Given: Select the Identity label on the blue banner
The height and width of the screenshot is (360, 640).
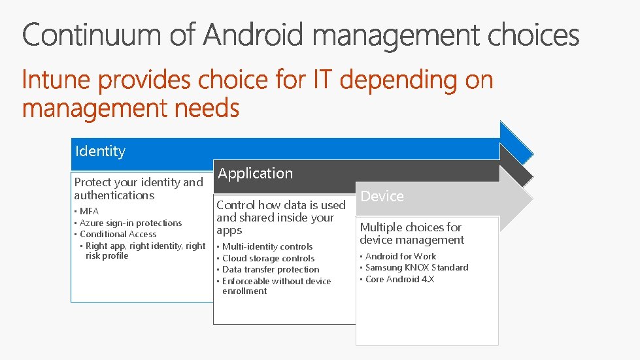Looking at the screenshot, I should [x=100, y=152].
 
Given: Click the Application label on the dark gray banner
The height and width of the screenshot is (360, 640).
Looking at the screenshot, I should [x=255, y=174].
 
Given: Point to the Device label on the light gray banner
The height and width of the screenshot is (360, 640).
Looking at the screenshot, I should [x=382, y=196].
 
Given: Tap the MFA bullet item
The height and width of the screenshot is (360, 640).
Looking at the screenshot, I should [x=89, y=212].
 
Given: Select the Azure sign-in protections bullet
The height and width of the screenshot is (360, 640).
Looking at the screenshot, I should [x=131, y=223].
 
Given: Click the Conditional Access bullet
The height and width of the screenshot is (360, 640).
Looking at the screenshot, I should [x=118, y=234].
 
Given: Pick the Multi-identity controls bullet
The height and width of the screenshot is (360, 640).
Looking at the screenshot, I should [x=267, y=246].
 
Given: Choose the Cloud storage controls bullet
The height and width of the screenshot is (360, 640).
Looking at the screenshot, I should [x=268, y=258].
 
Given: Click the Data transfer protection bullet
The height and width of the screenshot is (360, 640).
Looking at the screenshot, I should [x=271, y=269].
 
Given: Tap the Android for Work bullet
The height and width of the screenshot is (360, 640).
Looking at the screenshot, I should [x=401, y=256].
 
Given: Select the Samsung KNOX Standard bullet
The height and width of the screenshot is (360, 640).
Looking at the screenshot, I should [x=416, y=267].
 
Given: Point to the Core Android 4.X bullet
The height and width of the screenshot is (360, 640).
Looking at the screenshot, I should [x=399, y=279].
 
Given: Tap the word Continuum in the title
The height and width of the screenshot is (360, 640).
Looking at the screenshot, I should [x=92, y=35].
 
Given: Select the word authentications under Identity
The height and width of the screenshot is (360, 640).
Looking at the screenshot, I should [x=114, y=195].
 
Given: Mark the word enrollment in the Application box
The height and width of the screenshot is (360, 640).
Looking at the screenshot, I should [x=244, y=291].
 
